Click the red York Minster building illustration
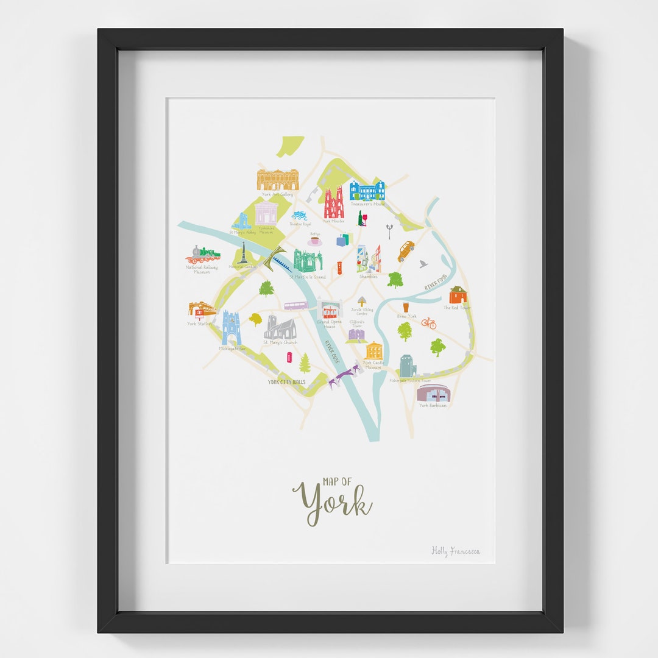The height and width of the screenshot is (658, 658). [334, 203]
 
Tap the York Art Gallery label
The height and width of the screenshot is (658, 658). [277, 194]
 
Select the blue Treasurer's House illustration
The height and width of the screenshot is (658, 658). [367, 191]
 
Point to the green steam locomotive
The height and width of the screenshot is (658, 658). [203, 254]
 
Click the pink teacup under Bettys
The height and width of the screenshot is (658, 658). [315, 242]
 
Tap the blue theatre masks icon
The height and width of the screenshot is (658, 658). [299, 215]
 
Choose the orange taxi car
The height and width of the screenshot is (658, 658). [406, 250]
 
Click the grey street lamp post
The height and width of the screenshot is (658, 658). [389, 231]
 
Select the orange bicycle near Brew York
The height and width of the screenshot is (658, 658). [429, 323]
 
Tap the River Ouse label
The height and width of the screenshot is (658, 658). [331, 352]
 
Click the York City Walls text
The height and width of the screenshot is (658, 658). [286, 382]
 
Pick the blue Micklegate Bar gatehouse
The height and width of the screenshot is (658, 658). [232, 328]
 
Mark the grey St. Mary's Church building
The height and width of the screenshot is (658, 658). [280, 328]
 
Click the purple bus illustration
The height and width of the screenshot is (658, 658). [296, 305]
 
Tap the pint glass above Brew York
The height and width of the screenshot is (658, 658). [406, 307]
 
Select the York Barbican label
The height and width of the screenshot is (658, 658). [433, 405]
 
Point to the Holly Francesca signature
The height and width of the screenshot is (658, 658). [455, 551]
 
